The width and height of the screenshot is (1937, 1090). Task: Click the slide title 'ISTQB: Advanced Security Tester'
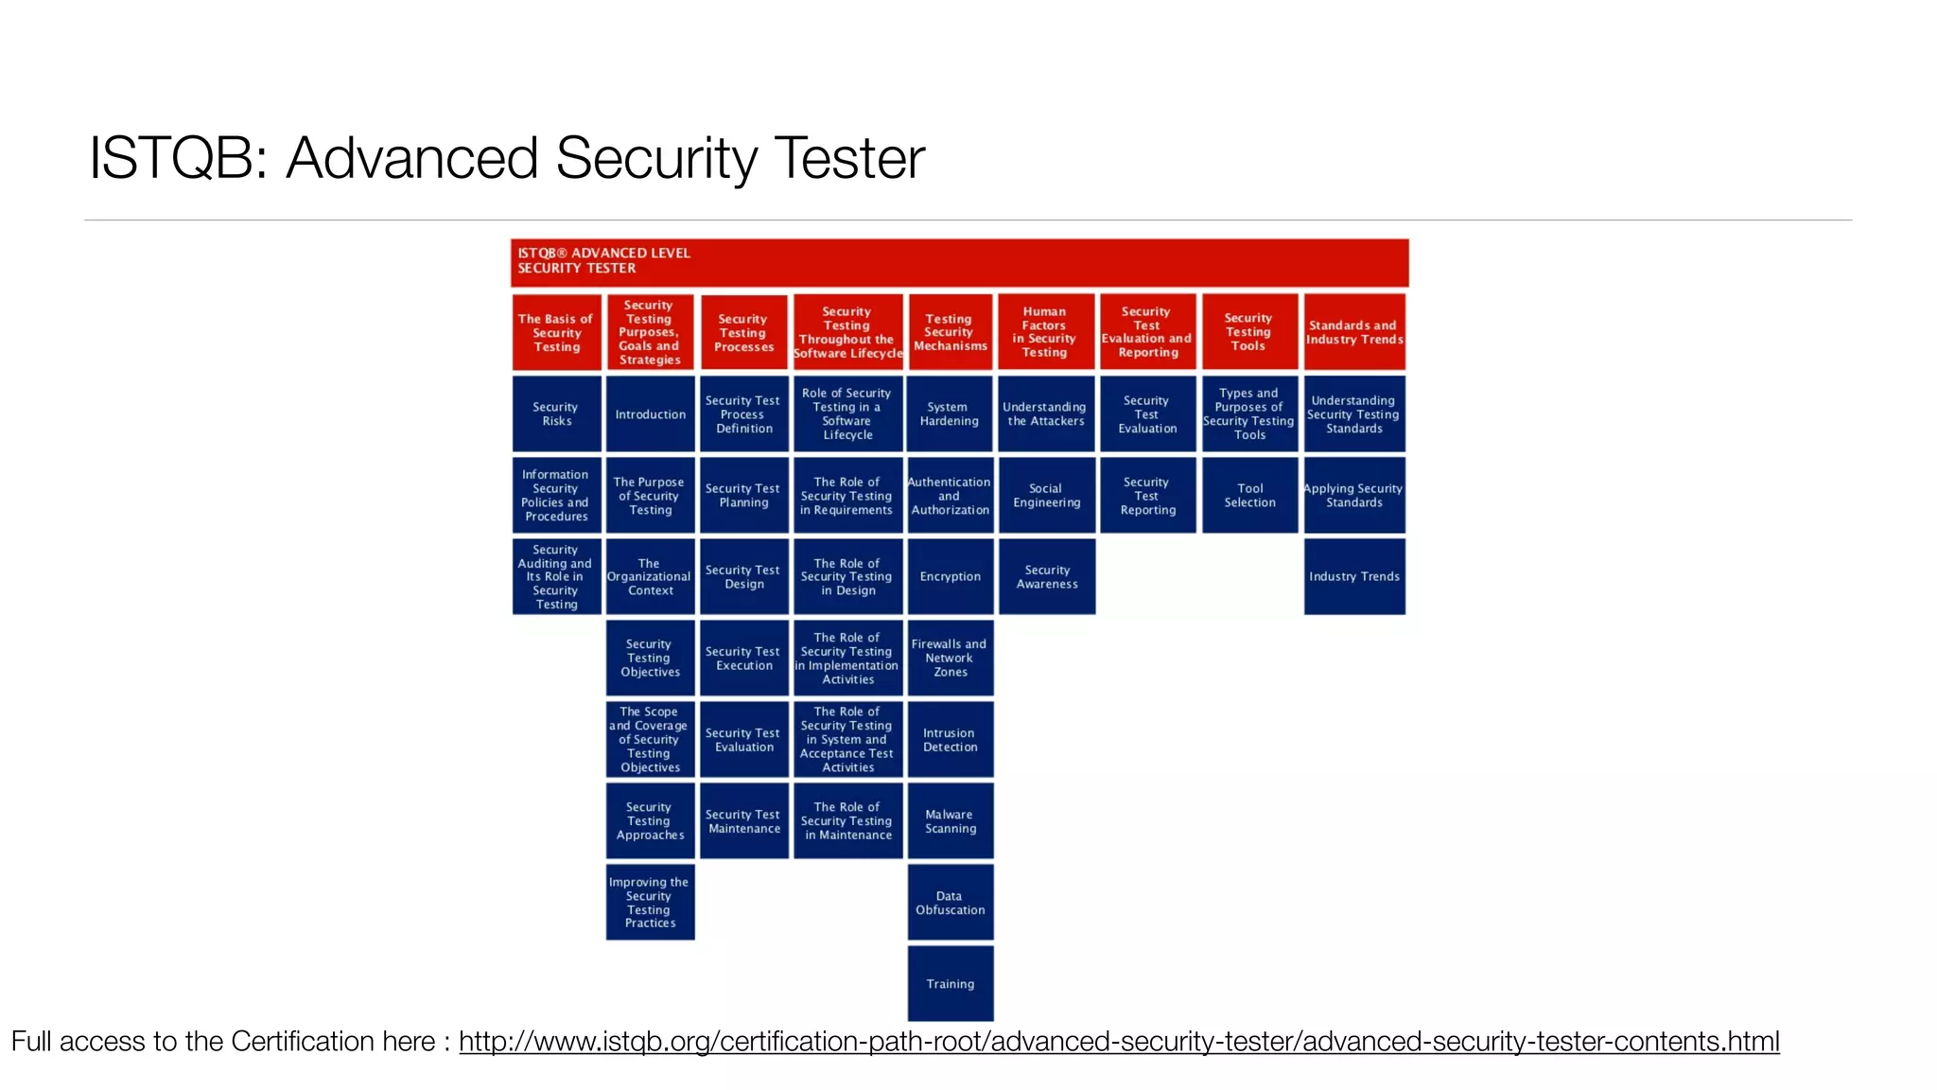pyautogui.click(x=506, y=158)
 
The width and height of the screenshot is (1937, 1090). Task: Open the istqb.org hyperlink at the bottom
pyautogui.click(x=1118, y=1042)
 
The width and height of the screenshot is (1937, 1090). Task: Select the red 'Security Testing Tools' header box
pyautogui.click(x=1248, y=332)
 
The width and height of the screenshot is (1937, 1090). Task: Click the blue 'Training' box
pyautogui.click(x=950, y=984)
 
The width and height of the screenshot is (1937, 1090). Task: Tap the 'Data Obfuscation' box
pyautogui.click(x=950, y=903)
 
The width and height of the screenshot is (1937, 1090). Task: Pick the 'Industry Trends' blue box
pyautogui.click(x=1353, y=576)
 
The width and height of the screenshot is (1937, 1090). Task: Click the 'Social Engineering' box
pyautogui.click(x=1046, y=496)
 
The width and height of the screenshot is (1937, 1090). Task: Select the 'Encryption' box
pyautogui.click(x=950, y=576)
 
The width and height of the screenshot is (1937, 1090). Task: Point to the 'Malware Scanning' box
pyautogui.click(x=950, y=821)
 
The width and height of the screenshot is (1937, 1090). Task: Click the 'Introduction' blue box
pyautogui.click(x=650, y=414)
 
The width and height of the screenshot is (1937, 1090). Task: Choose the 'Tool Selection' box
pyautogui.click(x=1249, y=496)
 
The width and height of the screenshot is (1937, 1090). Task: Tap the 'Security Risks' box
pyautogui.click(x=556, y=414)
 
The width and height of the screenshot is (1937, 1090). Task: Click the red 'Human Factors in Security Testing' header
pyautogui.click(x=1045, y=332)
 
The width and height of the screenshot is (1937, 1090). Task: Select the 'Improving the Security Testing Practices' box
pyautogui.click(x=650, y=903)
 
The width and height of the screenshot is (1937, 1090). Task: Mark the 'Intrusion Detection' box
pyautogui.click(x=950, y=740)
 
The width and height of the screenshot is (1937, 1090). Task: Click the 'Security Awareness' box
pyautogui.click(x=1046, y=576)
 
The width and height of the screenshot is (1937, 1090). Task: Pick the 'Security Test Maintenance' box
pyautogui.click(x=743, y=821)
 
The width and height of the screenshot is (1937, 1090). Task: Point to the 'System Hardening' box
pyautogui.click(x=950, y=414)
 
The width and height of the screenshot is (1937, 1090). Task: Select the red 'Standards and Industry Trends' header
pyautogui.click(x=1353, y=332)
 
